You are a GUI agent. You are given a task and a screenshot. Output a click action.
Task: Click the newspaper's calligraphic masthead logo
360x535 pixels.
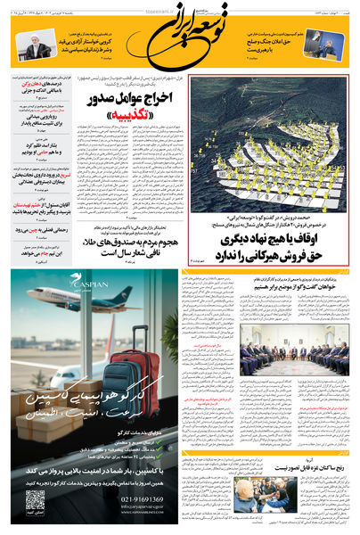[x=182, y=39]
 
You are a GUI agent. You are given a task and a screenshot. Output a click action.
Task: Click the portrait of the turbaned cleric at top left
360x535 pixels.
[x=37, y=47]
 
